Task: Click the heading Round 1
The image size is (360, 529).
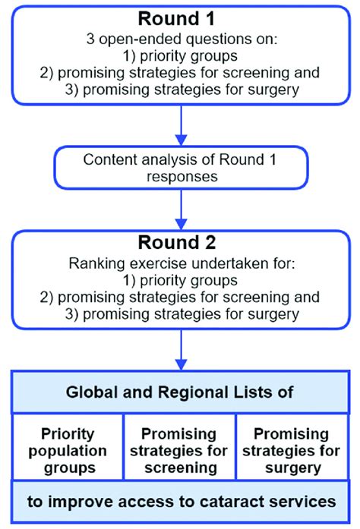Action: click(180, 16)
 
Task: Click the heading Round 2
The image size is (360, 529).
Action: click(180, 243)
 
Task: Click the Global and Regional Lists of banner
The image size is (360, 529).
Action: click(180, 393)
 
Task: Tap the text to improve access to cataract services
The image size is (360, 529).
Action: click(180, 502)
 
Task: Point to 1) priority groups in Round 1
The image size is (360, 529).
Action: click(180, 56)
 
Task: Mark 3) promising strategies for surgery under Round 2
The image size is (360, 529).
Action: click(180, 315)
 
